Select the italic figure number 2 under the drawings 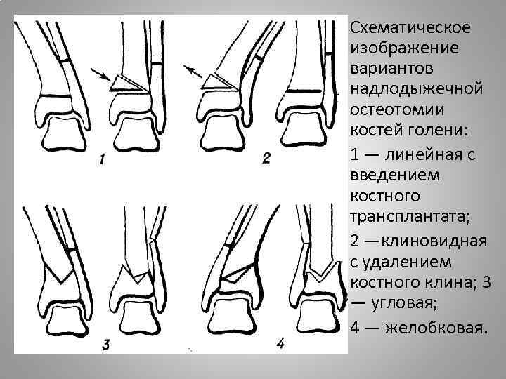click(266, 159)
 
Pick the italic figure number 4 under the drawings click(280, 343)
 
